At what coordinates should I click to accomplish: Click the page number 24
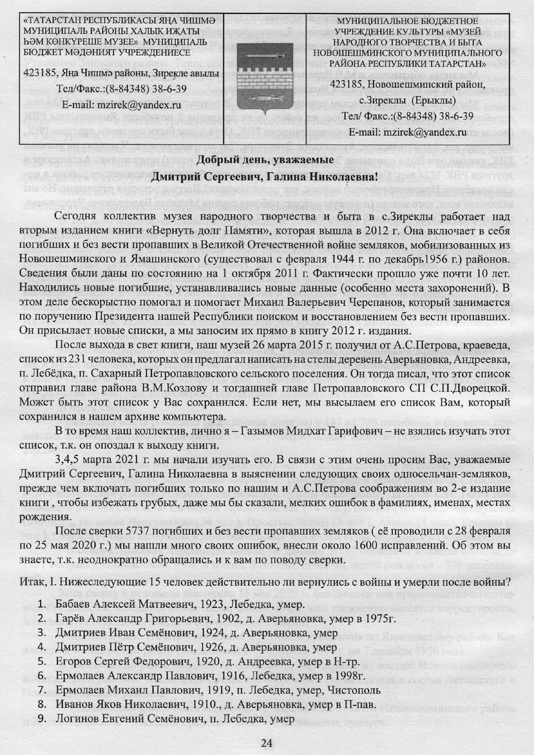point(267,743)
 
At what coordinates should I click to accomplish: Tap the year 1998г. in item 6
point(346,675)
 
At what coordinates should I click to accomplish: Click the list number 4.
point(41,647)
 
